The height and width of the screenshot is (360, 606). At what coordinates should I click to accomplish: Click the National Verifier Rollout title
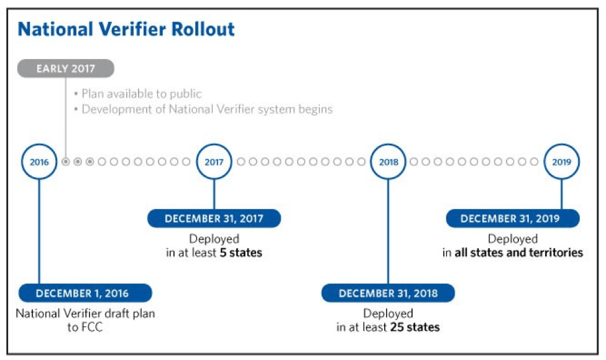[x=126, y=29]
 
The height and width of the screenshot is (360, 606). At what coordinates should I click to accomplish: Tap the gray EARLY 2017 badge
[x=65, y=68]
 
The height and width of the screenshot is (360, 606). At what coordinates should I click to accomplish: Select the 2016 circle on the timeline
[x=39, y=162]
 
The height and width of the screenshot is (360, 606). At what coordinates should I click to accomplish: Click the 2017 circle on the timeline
[x=214, y=162]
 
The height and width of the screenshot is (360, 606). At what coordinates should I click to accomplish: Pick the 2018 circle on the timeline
[x=388, y=162]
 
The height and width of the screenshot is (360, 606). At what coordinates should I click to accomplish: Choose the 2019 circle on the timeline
[x=562, y=162]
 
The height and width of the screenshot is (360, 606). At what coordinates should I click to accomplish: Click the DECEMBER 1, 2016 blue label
[x=85, y=293]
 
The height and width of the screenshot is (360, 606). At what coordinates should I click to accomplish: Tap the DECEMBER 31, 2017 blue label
[x=214, y=219]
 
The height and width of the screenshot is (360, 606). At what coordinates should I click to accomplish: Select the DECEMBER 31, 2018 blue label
[x=388, y=293]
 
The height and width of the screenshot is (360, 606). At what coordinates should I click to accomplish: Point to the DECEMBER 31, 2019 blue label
[x=513, y=219]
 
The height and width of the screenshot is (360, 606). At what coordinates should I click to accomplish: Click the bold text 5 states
[x=241, y=253]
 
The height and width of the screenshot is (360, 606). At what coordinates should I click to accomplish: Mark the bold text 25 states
[x=415, y=327]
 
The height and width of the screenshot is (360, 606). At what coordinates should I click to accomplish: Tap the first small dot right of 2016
[x=66, y=162]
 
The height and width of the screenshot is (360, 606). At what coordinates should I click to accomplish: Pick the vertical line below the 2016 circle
[x=39, y=230]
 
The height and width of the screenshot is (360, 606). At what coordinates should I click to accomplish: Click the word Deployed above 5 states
[x=214, y=239]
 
